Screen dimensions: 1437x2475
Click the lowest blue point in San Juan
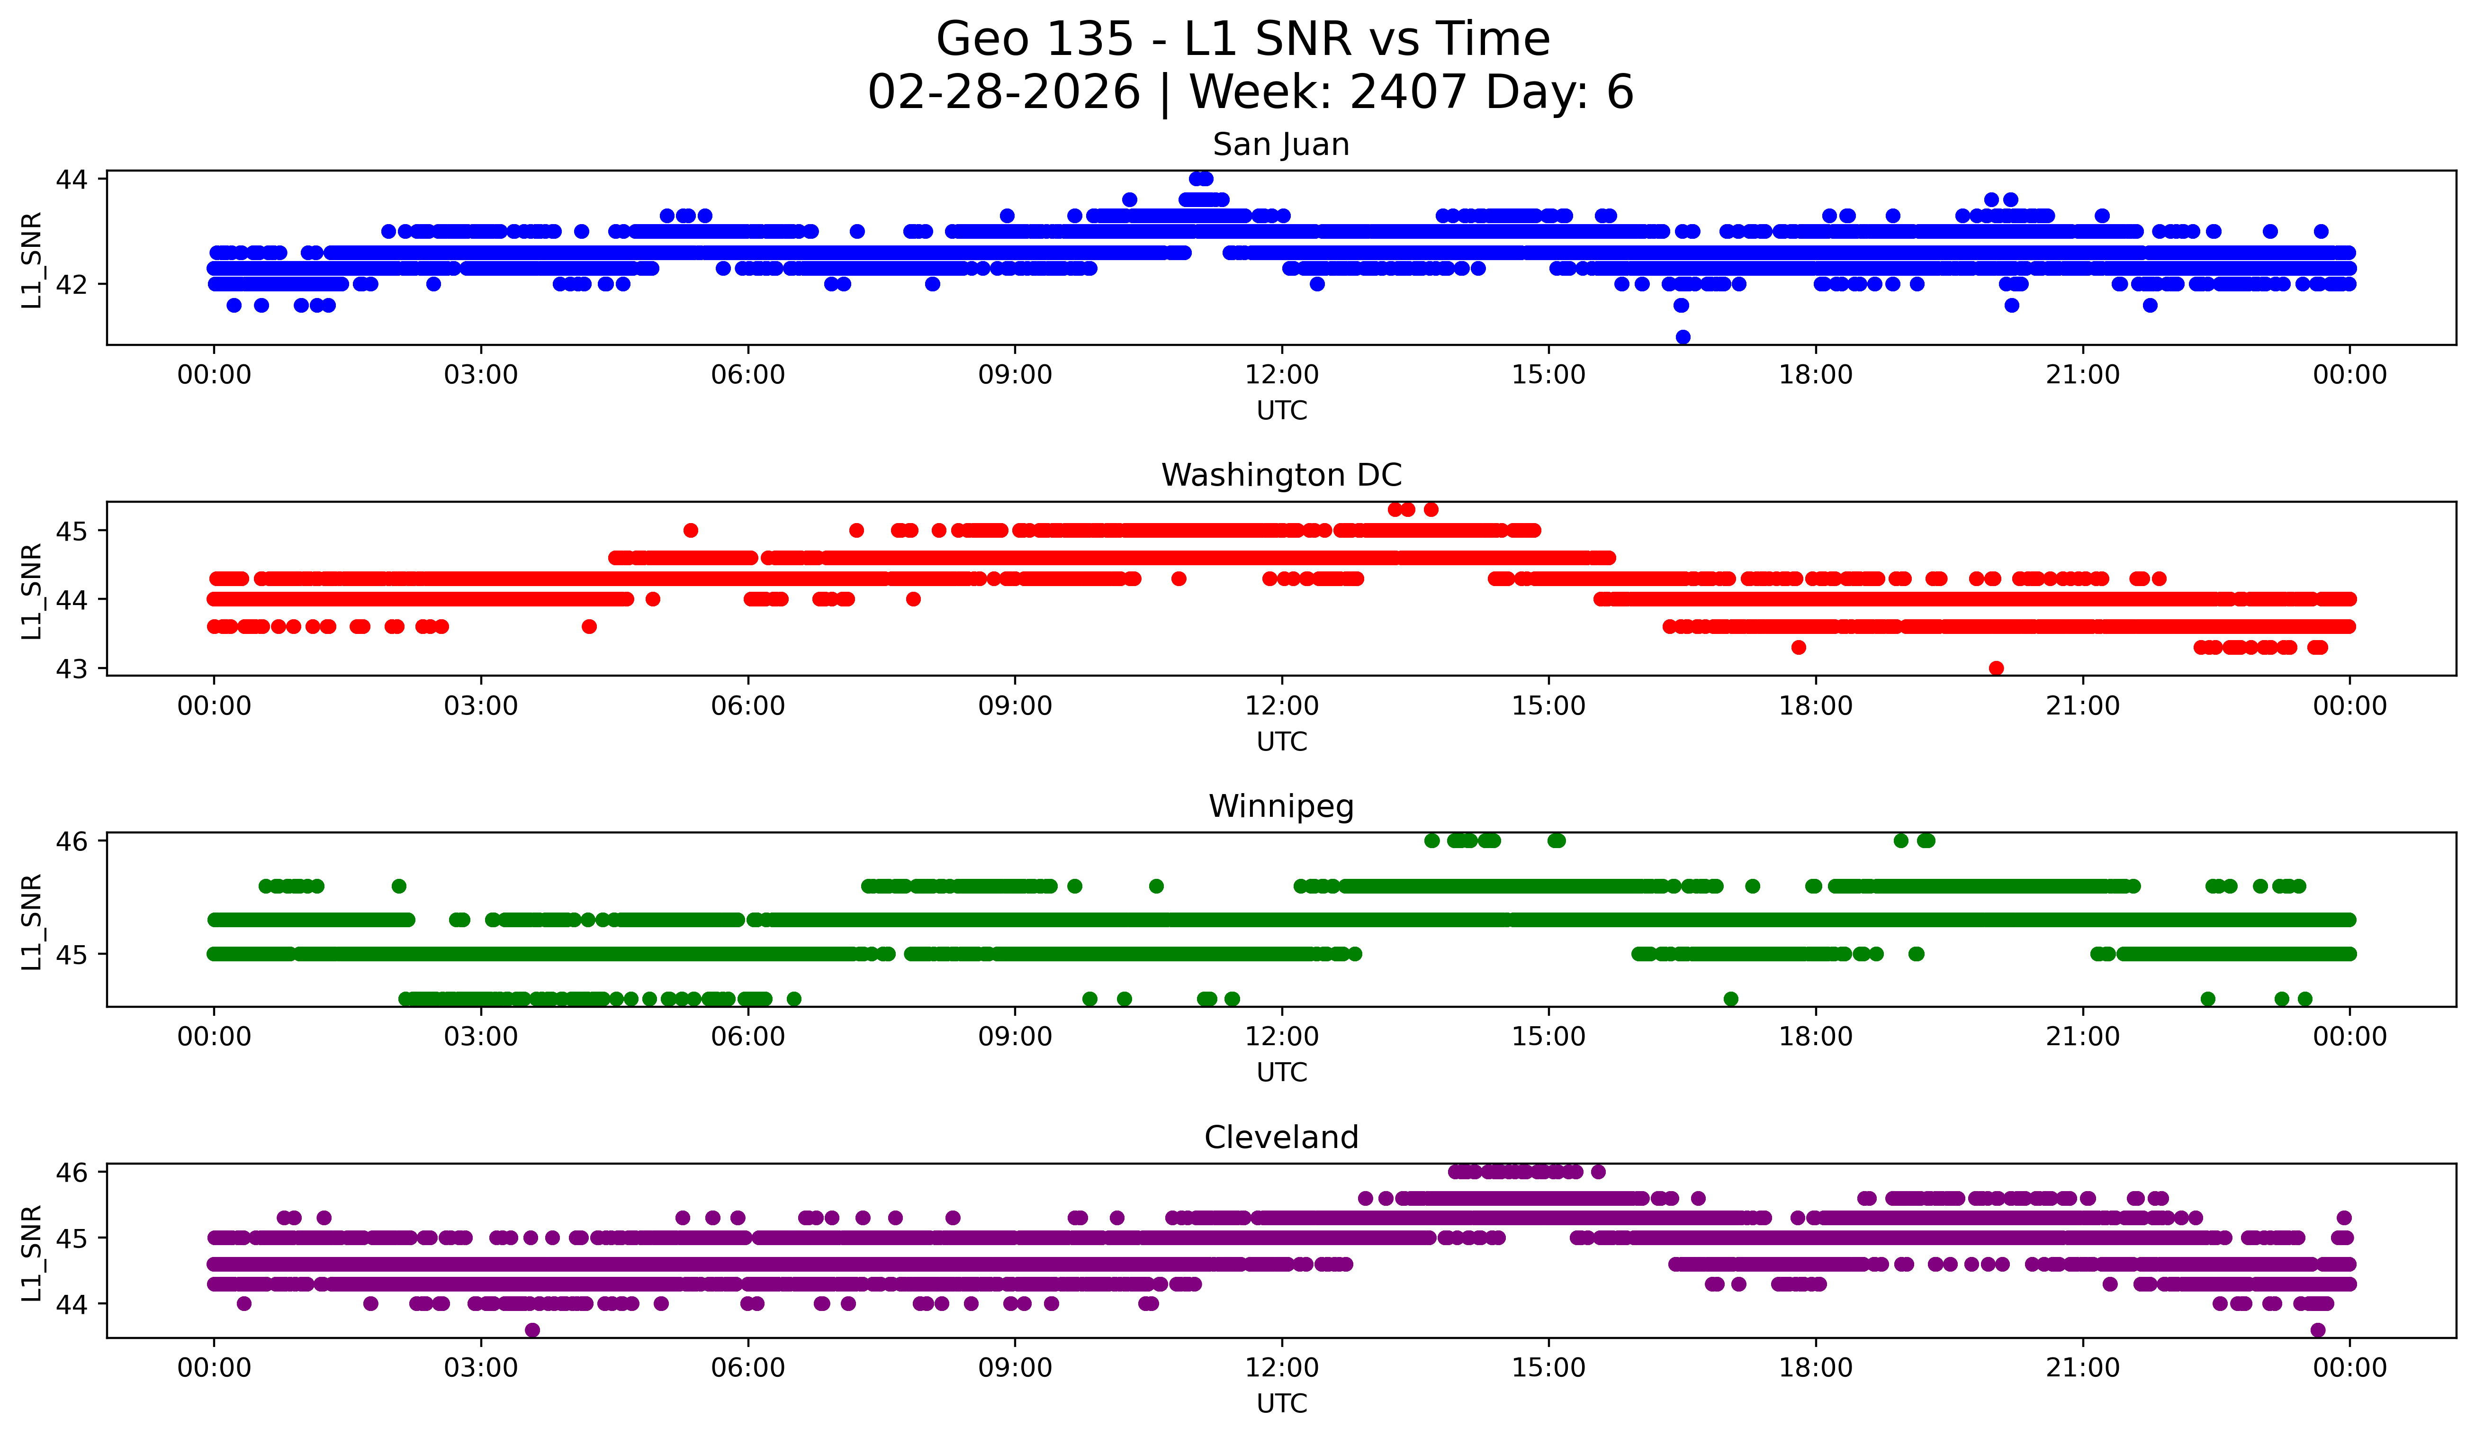[1683, 337]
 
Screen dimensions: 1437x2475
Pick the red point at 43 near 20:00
[1996, 668]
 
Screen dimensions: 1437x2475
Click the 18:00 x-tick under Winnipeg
[1815, 1037]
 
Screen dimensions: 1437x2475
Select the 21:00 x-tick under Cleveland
[2082, 1368]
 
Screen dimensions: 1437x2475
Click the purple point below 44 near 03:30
[532, 1330]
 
